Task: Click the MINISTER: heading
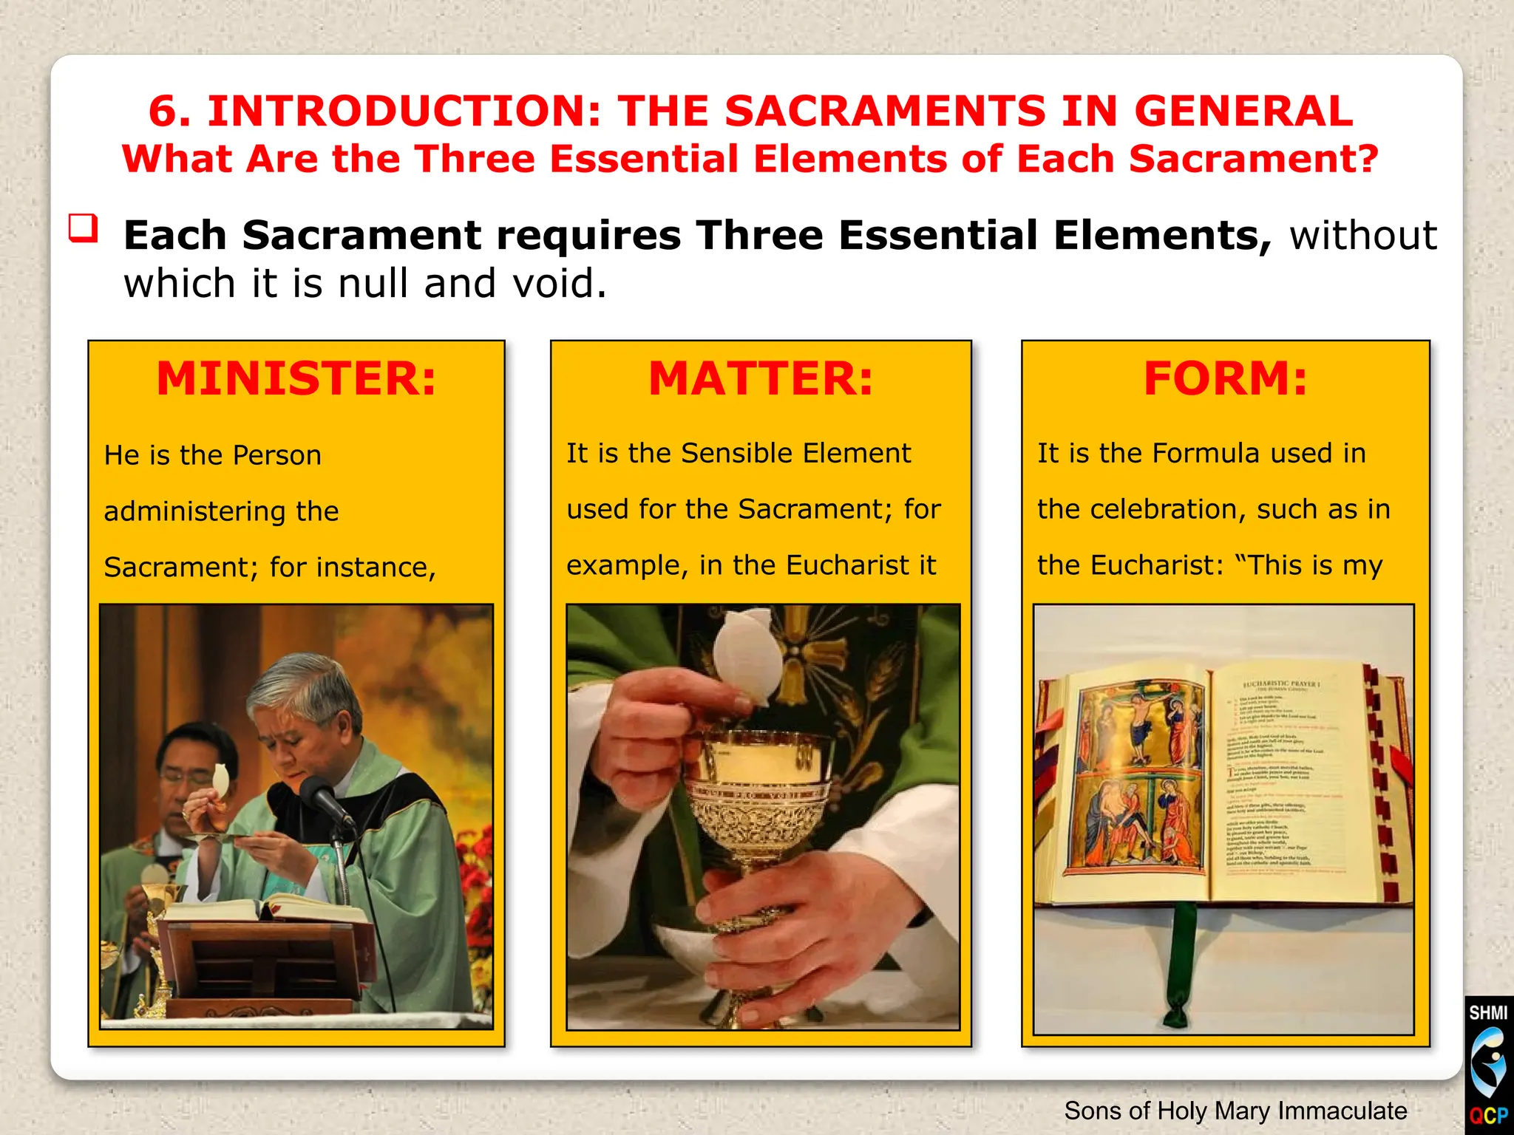(296, 379)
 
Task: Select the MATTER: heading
(761, 379)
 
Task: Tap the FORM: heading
(1226, 379)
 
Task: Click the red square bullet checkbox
(83, 228)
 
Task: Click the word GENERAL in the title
(1243, 112)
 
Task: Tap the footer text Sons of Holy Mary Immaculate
(1235, 1111)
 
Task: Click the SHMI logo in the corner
(1488, 1064)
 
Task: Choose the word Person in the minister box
(276, 456)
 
